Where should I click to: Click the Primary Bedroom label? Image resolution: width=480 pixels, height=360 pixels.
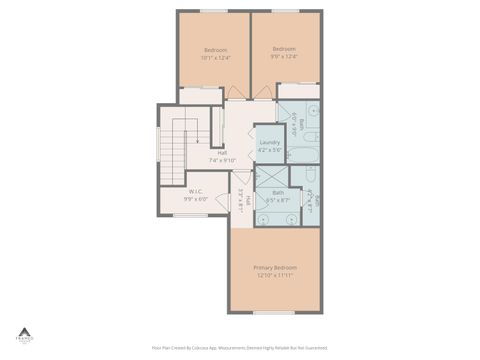pos(275,267)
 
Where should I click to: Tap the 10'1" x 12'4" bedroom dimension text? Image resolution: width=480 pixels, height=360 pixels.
pos(215,58)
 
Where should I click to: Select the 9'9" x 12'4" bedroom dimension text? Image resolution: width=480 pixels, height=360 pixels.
pos(284,57)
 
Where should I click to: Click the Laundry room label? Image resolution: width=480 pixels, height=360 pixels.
pos(270,142)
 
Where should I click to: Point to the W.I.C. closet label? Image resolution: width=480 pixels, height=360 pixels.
pos(196,190)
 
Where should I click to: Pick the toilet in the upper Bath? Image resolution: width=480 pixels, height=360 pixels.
pos(309,135)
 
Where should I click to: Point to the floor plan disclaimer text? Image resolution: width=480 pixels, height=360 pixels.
pos(240,348)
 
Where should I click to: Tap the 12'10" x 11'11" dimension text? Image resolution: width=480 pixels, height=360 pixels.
pos(275,275)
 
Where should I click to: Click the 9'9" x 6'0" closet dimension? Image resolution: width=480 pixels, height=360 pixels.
pos(196,198)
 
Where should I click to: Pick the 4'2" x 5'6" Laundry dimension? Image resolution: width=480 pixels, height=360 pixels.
pos(270,150)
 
